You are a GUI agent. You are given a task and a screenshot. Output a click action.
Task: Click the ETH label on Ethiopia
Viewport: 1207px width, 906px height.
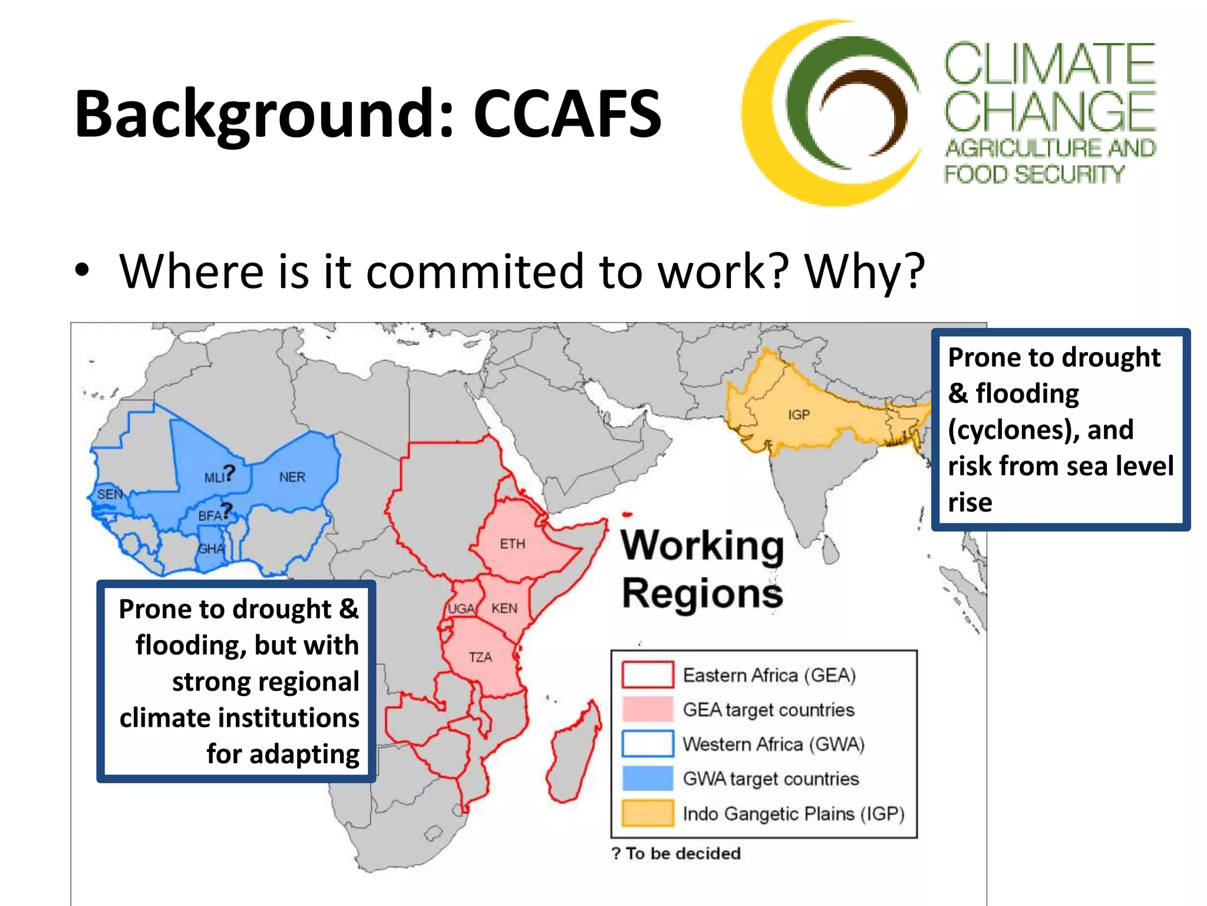click(512, 544)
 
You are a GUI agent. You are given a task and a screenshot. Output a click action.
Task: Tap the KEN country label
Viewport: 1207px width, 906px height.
click(504, 608)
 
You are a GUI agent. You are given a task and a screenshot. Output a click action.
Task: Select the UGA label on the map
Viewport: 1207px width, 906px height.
click(461, 609)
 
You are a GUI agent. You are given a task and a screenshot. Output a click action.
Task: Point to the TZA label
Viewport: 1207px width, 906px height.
click(480, 657)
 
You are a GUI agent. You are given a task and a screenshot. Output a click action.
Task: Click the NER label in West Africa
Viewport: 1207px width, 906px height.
click(292, 477)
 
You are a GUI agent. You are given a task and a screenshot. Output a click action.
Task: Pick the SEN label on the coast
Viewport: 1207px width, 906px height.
click(110, 494)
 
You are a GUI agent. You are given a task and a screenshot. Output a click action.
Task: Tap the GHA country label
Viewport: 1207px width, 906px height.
click(211, 549)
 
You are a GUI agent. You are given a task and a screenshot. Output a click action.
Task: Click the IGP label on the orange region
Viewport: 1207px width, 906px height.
click(799, 415)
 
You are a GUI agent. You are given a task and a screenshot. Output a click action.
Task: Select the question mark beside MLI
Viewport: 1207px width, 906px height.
click(229, 472)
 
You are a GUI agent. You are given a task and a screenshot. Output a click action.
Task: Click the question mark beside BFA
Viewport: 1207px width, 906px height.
click(227, 510)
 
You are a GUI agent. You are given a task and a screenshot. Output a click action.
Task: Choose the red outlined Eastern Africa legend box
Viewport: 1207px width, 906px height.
click(648, 675)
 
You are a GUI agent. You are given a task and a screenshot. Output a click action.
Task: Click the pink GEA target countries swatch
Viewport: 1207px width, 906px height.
click(648, 709)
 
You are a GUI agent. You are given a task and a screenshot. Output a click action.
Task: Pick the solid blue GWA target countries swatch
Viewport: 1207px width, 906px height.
click(648, 778)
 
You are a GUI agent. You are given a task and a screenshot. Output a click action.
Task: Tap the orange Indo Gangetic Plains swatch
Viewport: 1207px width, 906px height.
click(648, 813)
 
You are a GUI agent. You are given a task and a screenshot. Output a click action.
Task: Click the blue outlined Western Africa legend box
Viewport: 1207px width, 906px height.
click(648, 743)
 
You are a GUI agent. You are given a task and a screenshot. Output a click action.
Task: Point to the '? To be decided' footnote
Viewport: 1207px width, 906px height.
click(676, 854)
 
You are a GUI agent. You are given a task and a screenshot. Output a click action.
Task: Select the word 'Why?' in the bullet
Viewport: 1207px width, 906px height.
click(865, 271)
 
